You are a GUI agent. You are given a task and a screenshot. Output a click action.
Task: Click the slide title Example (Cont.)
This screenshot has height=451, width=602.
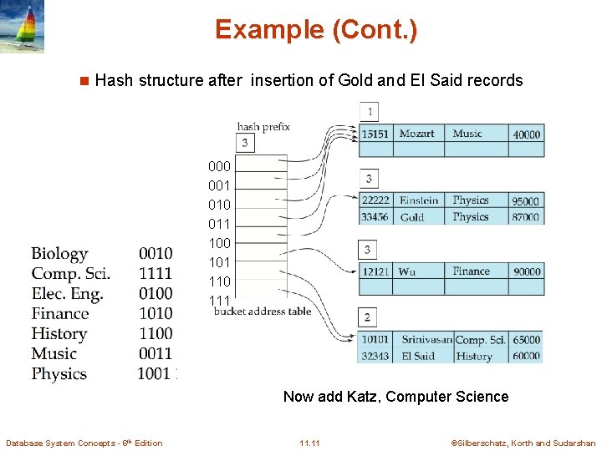point(315,30)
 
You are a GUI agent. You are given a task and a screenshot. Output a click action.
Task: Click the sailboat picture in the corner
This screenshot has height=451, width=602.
point(23,27)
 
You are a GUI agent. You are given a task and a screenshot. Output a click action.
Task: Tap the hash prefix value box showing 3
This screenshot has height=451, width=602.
point(244,144)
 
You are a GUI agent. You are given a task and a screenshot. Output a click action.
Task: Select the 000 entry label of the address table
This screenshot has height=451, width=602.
point(219,166)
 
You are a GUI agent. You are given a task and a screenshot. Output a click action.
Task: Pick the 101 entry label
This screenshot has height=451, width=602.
point(219,262)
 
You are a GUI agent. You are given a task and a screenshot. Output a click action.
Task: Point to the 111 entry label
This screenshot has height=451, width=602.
point(219,301)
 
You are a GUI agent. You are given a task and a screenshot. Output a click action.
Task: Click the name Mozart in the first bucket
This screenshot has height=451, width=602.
point(416,134)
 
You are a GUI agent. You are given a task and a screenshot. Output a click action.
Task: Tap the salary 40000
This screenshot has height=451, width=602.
point(526,134)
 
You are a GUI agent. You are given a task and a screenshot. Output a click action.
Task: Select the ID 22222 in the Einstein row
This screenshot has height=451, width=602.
point(375,200)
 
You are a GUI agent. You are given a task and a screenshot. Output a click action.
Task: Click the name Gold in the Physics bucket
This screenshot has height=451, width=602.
point(411,217)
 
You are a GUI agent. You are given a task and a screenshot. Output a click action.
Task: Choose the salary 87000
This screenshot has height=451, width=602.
point(526,217)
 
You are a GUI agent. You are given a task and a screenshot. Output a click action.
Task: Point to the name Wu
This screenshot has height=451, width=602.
point(407,271)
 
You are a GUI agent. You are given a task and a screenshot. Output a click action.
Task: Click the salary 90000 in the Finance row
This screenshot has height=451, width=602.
point(527,271)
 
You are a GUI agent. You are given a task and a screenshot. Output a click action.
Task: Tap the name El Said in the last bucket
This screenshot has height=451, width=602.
point(418,356)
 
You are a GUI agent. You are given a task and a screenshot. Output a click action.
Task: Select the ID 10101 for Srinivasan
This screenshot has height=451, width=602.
point(375,340)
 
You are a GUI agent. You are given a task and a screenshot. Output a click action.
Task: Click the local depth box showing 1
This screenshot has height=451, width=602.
point(369,112)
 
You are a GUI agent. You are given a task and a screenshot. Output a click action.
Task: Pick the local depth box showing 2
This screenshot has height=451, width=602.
point(368,317)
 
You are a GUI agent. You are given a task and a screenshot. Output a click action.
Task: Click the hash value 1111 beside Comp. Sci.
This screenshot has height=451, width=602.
point(156,274)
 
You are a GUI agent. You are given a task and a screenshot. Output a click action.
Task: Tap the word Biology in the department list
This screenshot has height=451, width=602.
point(59,254)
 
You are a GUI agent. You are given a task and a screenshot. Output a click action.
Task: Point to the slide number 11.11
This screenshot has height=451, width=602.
point(309,443)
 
